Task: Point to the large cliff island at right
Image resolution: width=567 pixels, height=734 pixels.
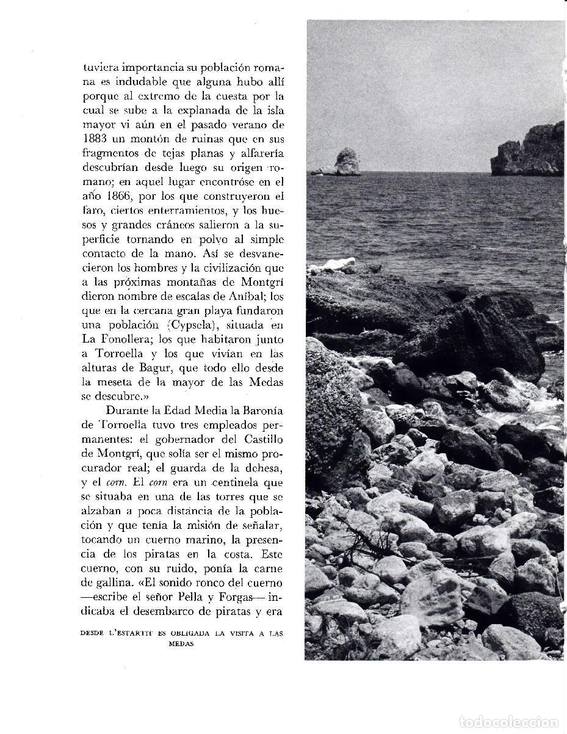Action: click(x=530, y=151)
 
